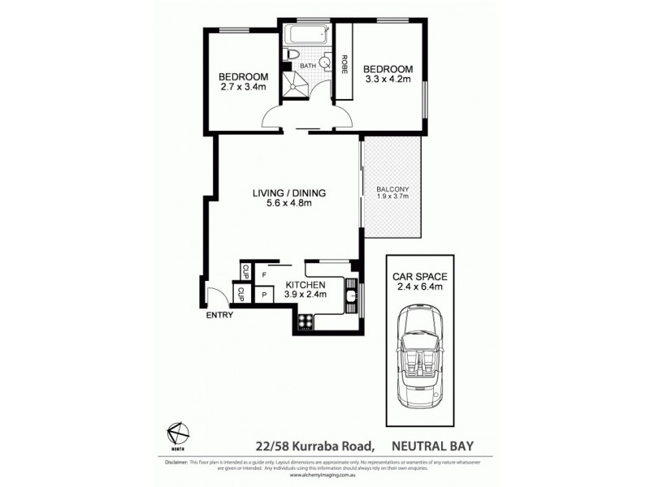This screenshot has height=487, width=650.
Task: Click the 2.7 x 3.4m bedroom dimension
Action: tap(242, 88)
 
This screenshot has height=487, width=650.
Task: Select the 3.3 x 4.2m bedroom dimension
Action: tap(388, 80)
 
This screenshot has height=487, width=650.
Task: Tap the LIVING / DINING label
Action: tap(288, 192)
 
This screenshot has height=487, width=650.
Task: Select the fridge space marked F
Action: tap(264, 275)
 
